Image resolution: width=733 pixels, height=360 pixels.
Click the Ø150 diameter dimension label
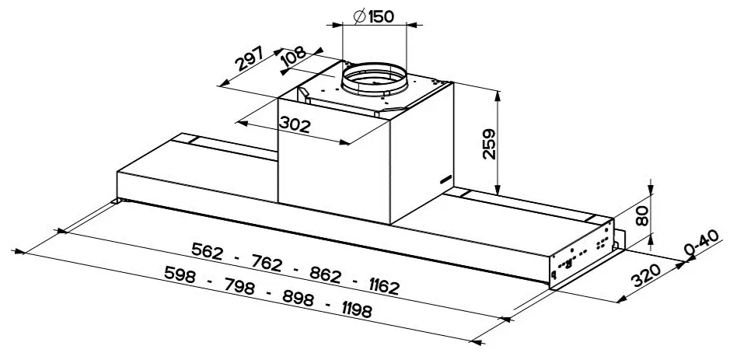[x=374, y=16]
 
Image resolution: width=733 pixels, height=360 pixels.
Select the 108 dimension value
[x=294, y=57]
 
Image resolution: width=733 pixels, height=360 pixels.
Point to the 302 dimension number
[x=295, y=125]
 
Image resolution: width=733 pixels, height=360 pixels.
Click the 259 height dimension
[x=490, y=145]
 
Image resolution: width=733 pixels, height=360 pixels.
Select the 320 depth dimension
[x=646, y=275]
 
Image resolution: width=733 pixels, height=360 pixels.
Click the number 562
[x=207, y=251]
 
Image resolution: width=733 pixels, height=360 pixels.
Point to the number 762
[x=267, y=264]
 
